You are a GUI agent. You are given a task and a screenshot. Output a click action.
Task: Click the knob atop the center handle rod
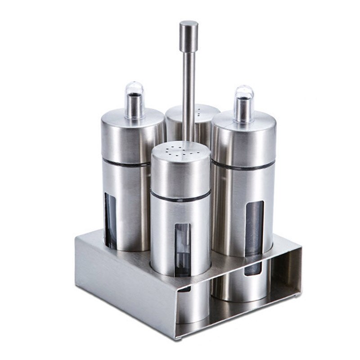(189, 34)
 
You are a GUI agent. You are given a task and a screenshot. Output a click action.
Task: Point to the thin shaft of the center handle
(189, 90)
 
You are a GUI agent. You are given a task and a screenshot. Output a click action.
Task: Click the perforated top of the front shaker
(180, 151)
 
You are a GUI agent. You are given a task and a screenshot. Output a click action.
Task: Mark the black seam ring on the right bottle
(243, 166)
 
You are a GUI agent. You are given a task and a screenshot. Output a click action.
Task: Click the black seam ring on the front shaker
(180, 197)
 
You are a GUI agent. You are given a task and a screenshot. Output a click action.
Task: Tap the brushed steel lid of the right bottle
(243, 139)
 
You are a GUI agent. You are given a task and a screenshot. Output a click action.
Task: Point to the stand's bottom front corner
(176, 335)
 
